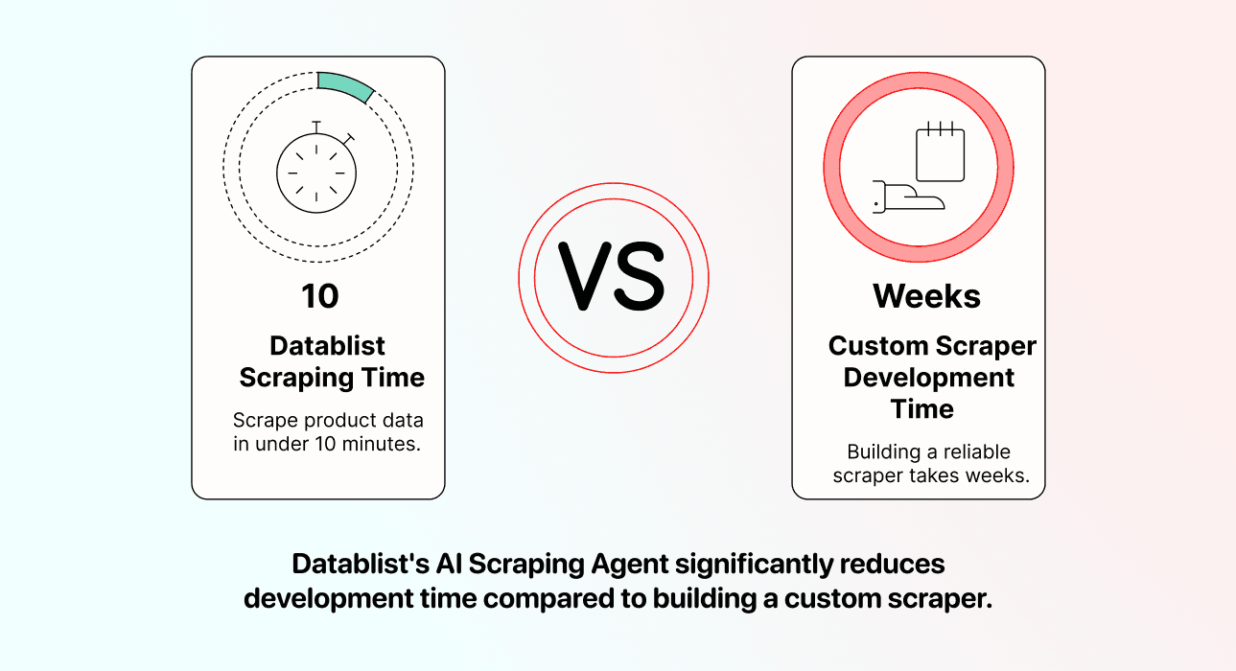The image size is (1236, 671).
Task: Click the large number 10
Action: [319, 296]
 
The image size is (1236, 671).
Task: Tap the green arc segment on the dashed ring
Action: [346, 86]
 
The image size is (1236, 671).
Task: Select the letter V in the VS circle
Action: [588, 277]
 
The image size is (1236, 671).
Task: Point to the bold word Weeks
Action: [926, 296]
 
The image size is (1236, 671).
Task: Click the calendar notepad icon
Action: [940, 154]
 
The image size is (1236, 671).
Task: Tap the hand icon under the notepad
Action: [906, 197]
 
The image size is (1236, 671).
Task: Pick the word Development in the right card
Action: [928, 378]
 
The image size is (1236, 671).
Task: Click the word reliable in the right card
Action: [970, 451]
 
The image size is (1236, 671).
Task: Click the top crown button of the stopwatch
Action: [316, 125]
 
